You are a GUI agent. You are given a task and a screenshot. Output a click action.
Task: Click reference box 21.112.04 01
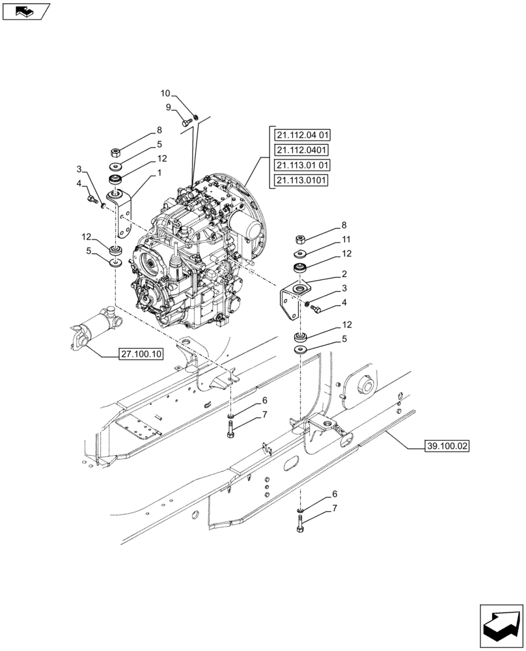302,135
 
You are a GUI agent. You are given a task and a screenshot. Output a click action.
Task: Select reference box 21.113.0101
301,180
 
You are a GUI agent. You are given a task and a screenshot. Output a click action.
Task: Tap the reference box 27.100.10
141,354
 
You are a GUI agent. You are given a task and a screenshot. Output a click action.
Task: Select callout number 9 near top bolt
168,107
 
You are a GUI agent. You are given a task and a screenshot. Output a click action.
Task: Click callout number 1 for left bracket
159,174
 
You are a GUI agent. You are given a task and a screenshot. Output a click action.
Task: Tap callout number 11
347,240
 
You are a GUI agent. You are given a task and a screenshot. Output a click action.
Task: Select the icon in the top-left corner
26,11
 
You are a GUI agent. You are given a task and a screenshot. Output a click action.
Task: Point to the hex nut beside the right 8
301,239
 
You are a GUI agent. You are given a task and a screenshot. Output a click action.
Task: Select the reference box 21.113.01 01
302,165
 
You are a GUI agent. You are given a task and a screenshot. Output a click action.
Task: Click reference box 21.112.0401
301,150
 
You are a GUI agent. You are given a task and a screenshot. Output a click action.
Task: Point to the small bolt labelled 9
185,121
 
